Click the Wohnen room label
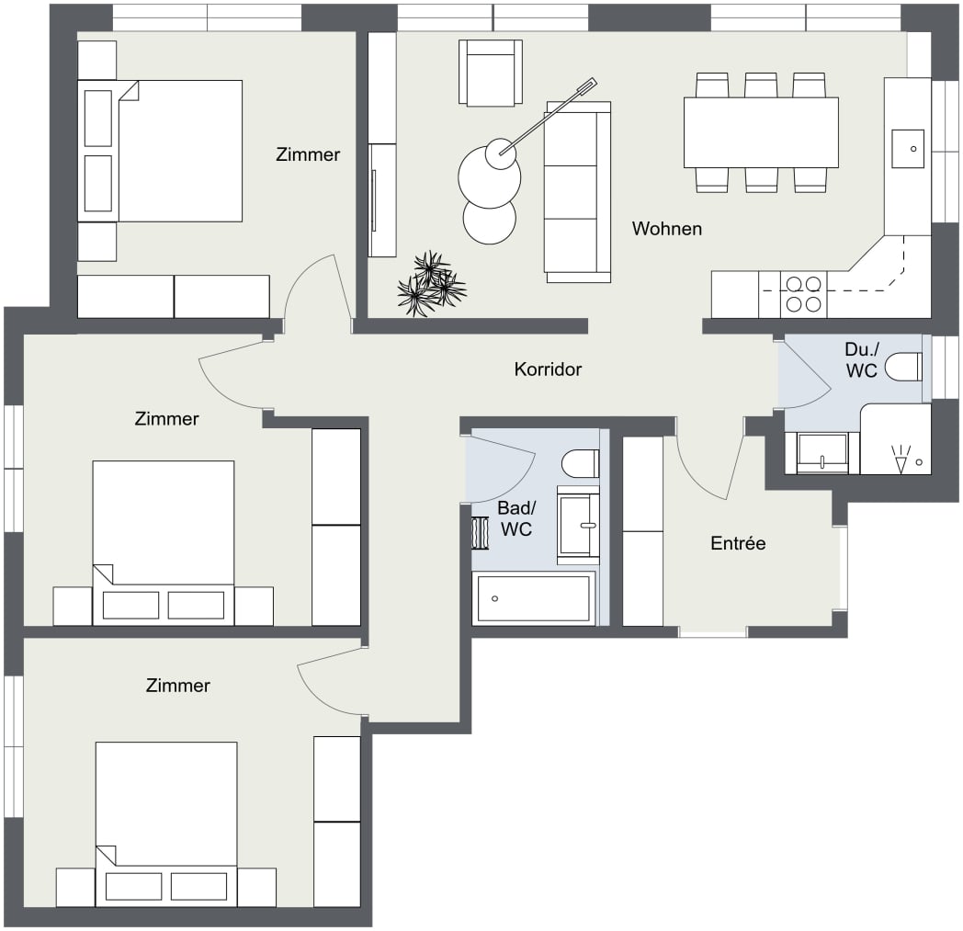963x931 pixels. [x=666, y=229]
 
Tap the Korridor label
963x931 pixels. [x=548, y=369]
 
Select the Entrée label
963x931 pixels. [x=738, y=543]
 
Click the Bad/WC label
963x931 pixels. [x=515, y=519]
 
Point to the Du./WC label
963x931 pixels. [x=861, y=360]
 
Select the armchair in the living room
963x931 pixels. [x=491, y=73]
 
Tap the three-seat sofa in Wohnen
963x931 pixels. [x=577, y=191]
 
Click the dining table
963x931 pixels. [x=760, y=132]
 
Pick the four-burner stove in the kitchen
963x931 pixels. [x=801, y=294]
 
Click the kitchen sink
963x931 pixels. [x=909, y=148]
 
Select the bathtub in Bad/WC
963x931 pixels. [x=533, y=598]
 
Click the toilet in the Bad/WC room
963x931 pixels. [x=580, y=463]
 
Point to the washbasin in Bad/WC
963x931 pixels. [x=578, y=526]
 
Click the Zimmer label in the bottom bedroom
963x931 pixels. [x=177, y=686]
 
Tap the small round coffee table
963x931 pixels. [x=490, y=221]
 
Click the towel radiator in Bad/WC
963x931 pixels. [x=481, y=532]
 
